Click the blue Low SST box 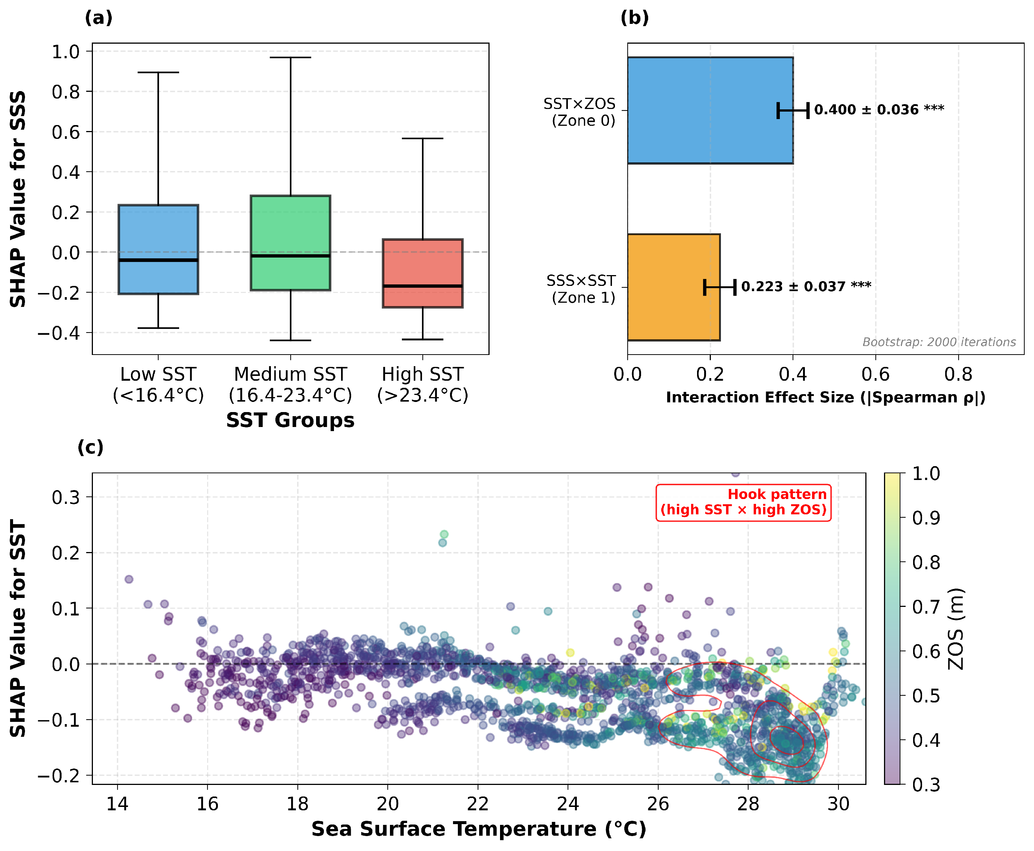(158, 249)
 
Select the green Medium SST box (291, 243)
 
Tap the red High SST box (422, 273)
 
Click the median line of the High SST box (422, 286)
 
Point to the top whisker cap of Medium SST (291, 57)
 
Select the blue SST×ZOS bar (710, 110)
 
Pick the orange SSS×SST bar (674, 287)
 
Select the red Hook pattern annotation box (743, 502)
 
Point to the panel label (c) (91, 447)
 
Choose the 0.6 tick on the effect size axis (875, 374)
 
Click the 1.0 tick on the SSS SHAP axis (66, 51)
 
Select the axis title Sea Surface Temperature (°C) (479, 829)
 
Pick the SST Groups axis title (290, 420)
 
